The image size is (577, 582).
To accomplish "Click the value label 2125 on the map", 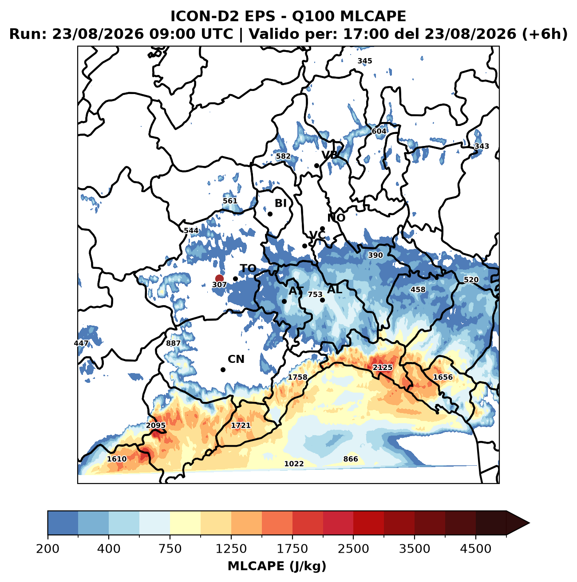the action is (x=382, y=367).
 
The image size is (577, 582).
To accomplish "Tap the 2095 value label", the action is (x=156, y=425).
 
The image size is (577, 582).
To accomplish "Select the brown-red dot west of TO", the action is (x=219, y=278).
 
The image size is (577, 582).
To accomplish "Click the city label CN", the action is (x=236, y=359).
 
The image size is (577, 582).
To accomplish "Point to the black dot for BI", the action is (x=270, y=214).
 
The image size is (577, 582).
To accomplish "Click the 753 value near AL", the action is (x=315, y=294).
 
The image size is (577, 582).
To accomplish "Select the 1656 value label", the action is (x=443, y=377).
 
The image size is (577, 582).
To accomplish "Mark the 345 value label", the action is (x=365, y=61).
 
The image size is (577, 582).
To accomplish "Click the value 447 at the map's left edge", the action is (x=81, y=343).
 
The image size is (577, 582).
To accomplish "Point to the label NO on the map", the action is (x=336, y=217).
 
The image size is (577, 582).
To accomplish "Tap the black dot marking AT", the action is (x=284, y=301).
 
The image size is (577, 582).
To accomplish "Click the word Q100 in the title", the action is (x=313, y=16).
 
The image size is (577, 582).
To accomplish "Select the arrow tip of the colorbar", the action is (x=529, y=523).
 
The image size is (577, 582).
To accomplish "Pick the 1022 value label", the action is (x=294, y=464).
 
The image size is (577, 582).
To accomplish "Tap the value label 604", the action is (x=379, y=131).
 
